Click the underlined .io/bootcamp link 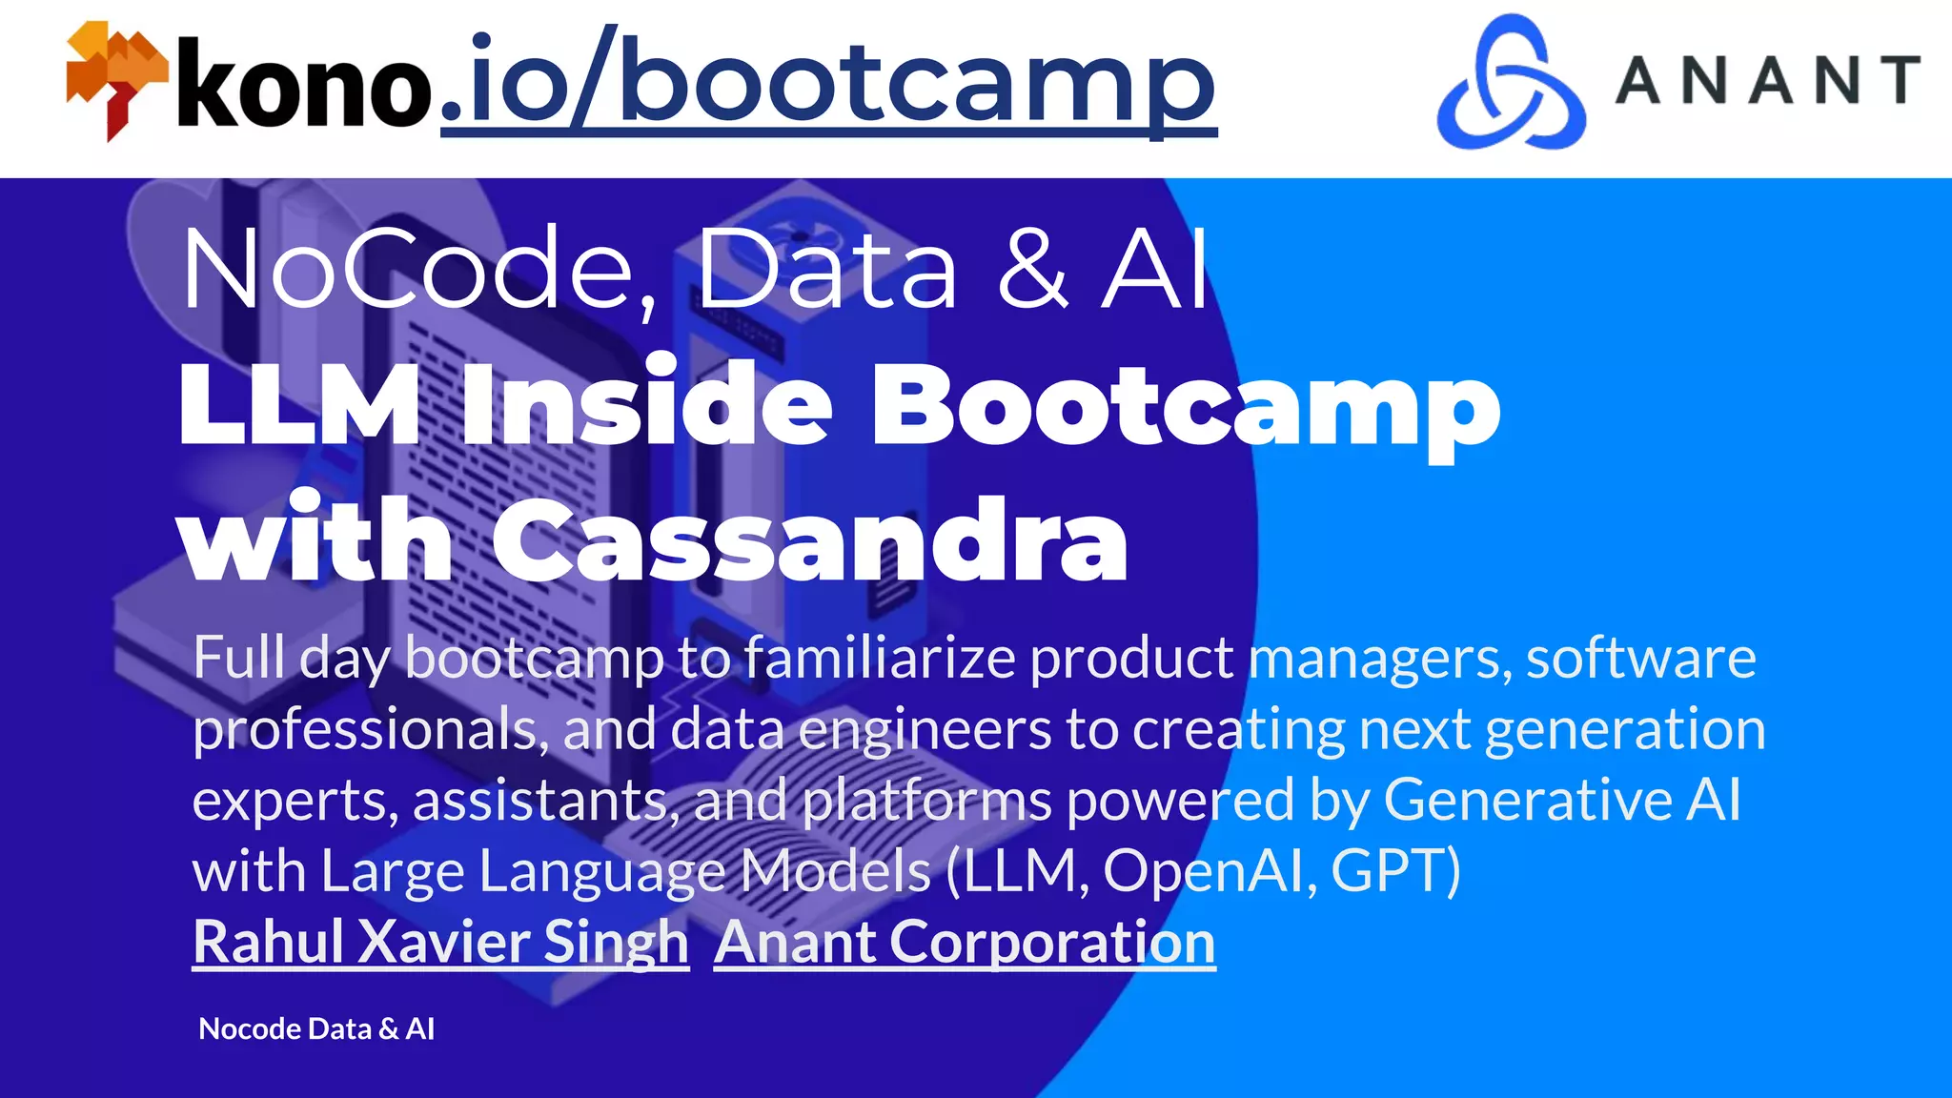[827, 84]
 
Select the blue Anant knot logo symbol [1511, 84]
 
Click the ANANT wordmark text [1768, 80]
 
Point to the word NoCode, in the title [408, 271]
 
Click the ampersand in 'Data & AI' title [1032, 271]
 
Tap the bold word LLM [299, 406]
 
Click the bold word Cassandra [810, 541]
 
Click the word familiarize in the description [879, 658]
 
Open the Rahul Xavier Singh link [440, 942]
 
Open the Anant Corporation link [965, 942]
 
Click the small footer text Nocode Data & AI [316, 1028]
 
